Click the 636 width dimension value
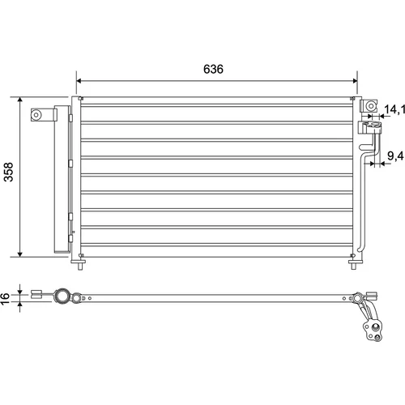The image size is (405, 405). click(x=213, y=69)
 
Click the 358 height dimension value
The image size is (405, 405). click(x=8, y=172)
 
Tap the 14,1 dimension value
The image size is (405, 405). click(x=394, y=109)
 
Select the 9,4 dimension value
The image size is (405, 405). click(x=395, y=156)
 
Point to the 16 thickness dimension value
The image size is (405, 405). click(x=5, y=298)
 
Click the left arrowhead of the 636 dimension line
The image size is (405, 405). click(x=79, y=81)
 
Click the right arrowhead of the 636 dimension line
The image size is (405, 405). click(x=355, y=81)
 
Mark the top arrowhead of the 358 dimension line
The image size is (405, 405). click(x=19, y=100)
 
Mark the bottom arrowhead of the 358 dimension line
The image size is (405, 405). click(x=19, y=254)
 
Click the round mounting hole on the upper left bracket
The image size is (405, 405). click(x=36, y=115)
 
